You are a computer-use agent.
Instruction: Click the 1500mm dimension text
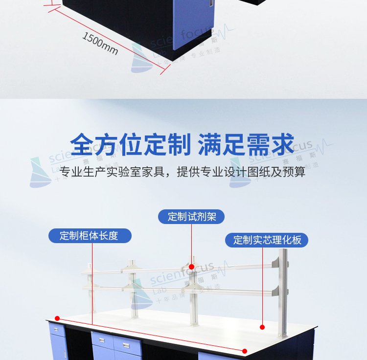(x=100, y=44)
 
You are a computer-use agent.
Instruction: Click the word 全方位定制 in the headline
(x=130, y=144)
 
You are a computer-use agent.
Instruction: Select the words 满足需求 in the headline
(x=246, y=144)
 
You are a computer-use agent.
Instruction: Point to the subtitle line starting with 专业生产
(x=183, y=172)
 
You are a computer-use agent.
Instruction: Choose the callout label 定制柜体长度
(x=90, y=236)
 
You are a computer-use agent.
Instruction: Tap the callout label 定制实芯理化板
(x=267, y=240)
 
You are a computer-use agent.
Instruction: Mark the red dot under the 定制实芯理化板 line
(x=262, y=327)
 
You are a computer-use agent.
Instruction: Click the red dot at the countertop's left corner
(x=57, y=317)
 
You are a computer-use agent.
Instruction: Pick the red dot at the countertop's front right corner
(x=245, y=351)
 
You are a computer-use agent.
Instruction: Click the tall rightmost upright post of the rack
(x=282, y=293)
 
